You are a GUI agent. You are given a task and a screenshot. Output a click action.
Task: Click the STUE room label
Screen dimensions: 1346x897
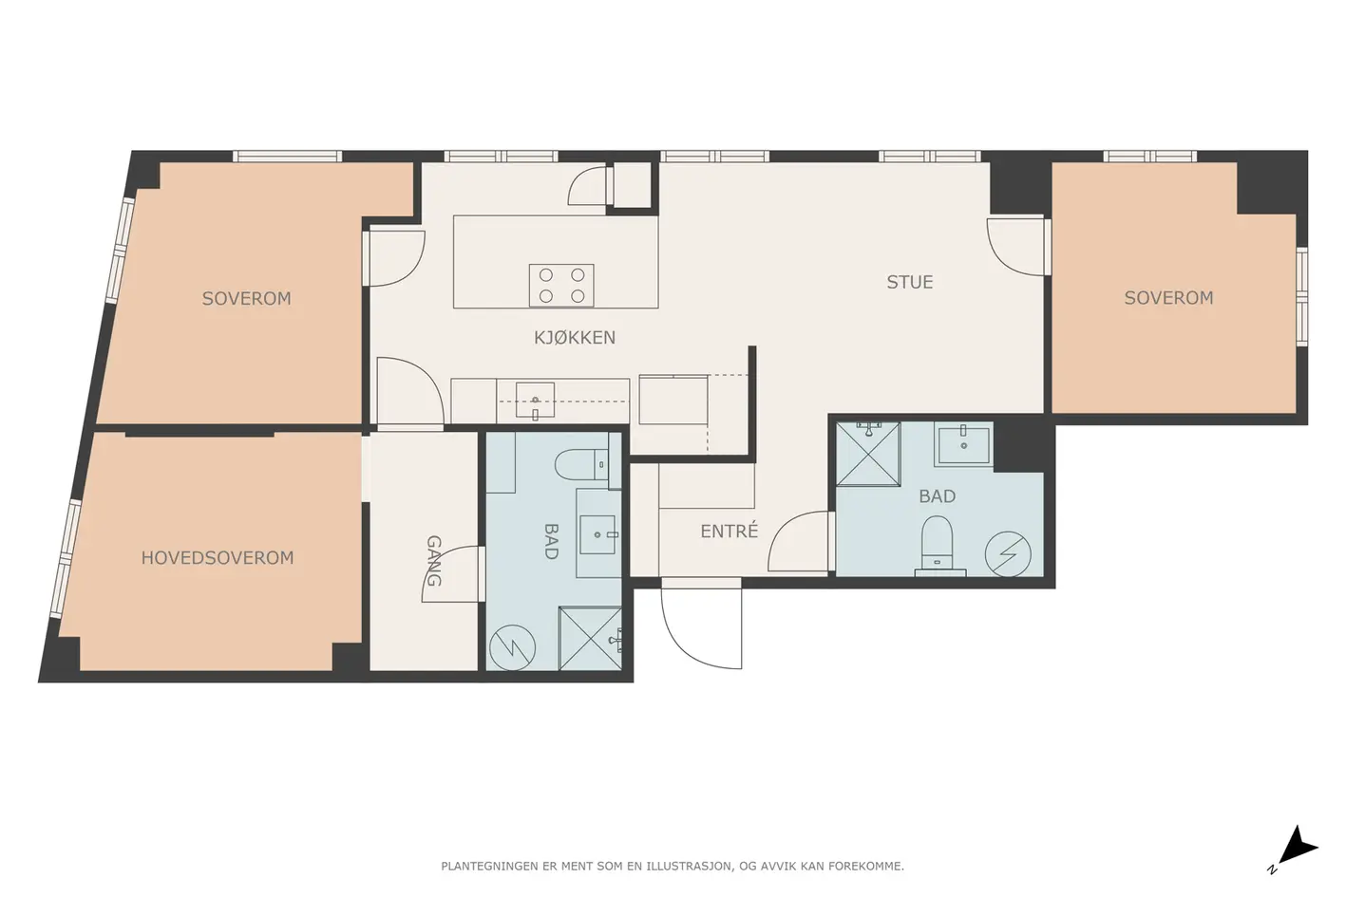[910, 282]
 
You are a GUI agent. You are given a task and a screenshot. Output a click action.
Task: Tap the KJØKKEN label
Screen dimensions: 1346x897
[575, 337]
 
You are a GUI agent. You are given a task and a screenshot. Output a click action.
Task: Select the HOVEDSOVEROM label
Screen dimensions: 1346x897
[218, 558]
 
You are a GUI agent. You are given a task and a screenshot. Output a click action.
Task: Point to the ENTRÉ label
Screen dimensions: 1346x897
[730, 531]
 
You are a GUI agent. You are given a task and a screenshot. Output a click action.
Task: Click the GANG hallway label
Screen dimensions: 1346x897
[434, 561]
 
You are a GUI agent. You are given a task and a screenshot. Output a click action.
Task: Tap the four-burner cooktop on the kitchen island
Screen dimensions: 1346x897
[561, 285]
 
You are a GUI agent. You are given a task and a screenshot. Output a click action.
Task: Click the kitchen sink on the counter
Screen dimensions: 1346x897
[535, 401]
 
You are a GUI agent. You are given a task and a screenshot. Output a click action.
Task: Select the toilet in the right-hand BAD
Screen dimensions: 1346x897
[938, 542]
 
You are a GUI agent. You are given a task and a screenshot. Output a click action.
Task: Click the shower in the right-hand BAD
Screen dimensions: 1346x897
[868, 454]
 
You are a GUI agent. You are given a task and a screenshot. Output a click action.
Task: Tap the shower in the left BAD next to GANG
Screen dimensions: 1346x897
[591, 638]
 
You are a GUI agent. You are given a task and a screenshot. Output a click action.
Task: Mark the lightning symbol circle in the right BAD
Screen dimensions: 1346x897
[1008, 554]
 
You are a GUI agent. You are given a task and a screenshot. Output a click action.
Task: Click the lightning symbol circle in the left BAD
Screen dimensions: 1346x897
[513, 647]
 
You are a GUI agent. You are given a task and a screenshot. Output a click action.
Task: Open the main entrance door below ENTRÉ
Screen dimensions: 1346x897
[701, 625]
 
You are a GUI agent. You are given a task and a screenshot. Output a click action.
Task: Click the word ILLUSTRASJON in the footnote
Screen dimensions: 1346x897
[688, 866]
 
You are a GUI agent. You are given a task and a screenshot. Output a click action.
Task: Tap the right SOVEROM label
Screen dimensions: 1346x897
[1168, 298]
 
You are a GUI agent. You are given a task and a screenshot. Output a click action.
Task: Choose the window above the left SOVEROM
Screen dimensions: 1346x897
[287, 157]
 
